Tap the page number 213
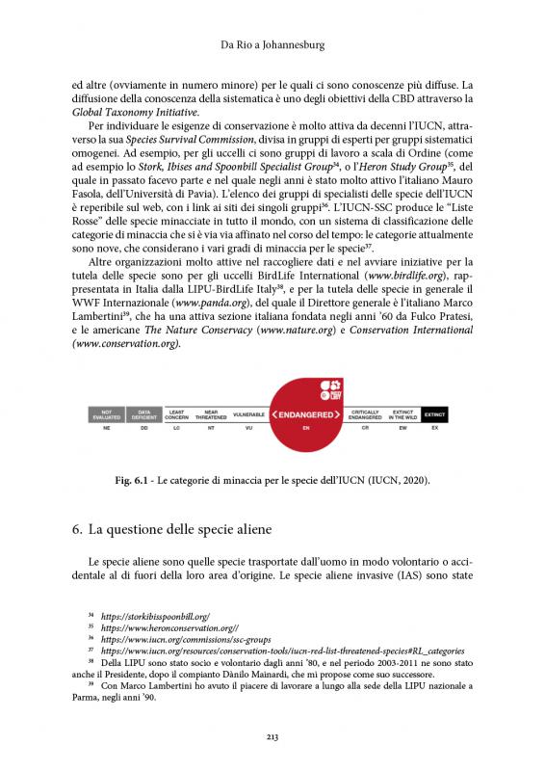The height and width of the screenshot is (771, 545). pos(272,737)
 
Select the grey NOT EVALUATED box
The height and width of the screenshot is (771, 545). pos(107,412)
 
